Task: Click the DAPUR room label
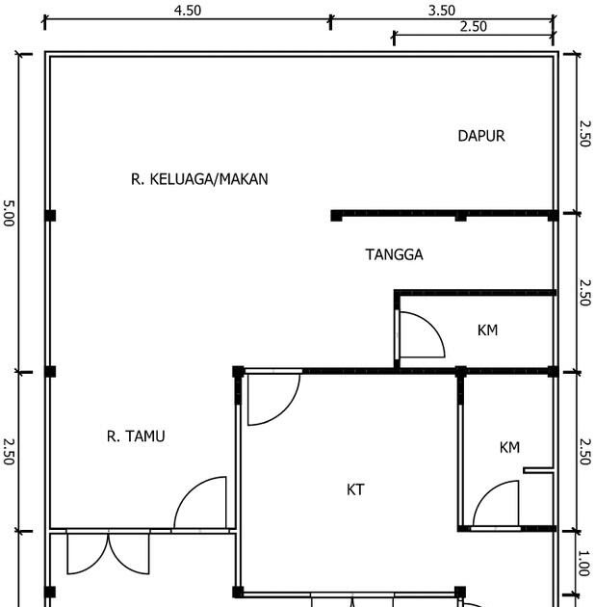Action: [481, 136]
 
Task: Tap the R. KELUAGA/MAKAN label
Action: [199, 179]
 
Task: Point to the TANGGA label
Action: [394, 254]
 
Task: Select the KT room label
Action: [355, 489]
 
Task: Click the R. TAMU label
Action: [136, 436]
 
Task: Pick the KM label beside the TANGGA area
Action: [487, 330]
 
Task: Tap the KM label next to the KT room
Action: [509, 447]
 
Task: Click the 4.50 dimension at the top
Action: [188, 11]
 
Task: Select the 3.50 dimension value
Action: [441, 11]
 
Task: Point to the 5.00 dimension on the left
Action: [9, 213]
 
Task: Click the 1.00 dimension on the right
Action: [583, 563]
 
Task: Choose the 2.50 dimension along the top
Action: [473, 27]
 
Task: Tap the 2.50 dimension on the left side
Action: [9, 451]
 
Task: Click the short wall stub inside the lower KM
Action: [538, 470]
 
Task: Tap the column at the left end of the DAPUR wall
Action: [336, 216]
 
